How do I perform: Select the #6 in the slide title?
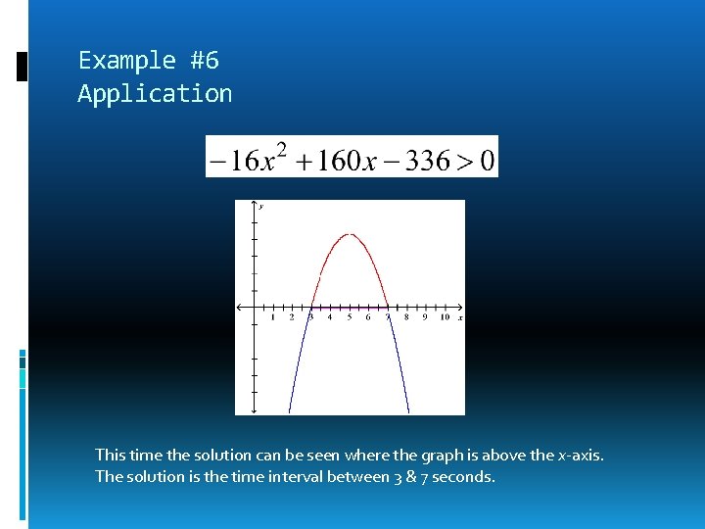click(x=205, y=61)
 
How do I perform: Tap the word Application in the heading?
click(x=155, y=94)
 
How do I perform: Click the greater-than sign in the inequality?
click(x=463, y=159)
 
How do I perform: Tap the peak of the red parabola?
click(x=350, y=234)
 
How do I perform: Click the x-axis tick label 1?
click(x=272, y=317)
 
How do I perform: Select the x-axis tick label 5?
click(x=350, y=317)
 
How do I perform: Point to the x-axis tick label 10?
click(x=445, y=317)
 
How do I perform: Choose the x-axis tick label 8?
click(x=406, y=317)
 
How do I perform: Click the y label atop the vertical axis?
click(x=261, y=207)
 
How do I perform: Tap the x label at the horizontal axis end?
click(x=460, y=318)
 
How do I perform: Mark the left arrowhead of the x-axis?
click(x=239, y=308)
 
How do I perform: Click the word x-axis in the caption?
click(x=580, y=455)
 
